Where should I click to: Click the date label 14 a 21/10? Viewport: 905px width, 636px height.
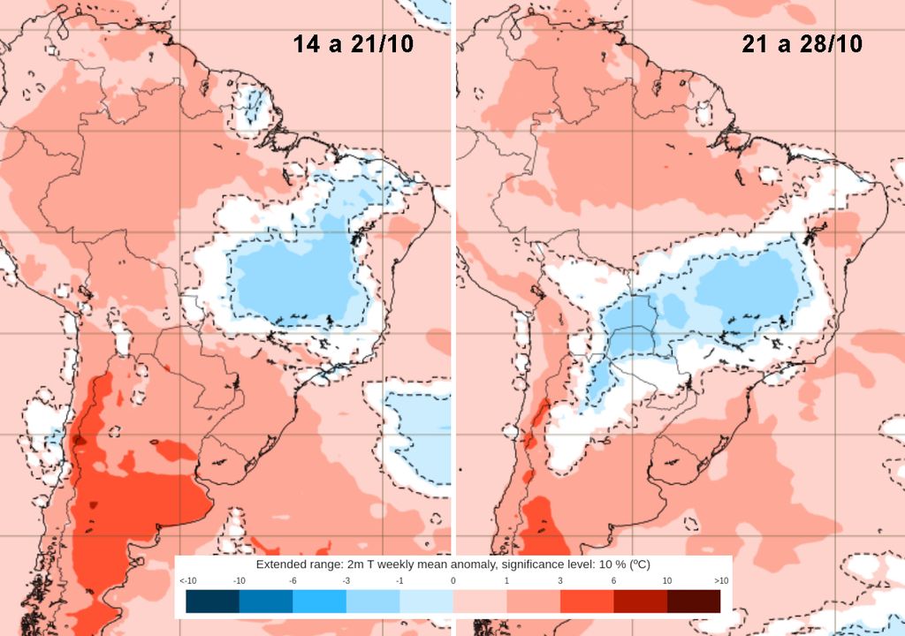tap(354, 44)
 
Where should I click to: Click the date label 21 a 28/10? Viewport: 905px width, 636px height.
tap(802, 44)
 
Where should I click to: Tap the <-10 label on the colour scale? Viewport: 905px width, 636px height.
tap(187, 580)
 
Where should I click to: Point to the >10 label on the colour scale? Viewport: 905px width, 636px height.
tap(720, 580)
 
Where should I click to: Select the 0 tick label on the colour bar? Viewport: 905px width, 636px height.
tap(452, 580)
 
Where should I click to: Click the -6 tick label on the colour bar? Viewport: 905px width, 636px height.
tap(293, 580)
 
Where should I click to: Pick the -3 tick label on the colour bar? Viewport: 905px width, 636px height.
tap(346, 580)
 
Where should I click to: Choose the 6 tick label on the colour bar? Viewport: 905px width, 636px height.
tap(613, 580)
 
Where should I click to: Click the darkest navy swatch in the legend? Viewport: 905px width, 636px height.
tap(213, 602)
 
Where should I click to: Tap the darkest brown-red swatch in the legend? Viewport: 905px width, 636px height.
tap(693, 602)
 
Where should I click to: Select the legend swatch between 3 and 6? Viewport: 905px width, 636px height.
tap(587, 602)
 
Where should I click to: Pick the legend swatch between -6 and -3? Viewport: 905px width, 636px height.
tap(319, 602)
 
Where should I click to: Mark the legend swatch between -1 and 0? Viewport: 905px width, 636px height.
tap(426, 602)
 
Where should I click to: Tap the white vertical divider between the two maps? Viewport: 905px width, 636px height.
tap(453, 265)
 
